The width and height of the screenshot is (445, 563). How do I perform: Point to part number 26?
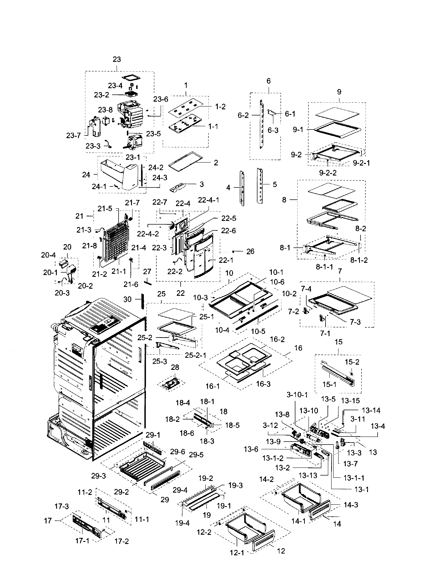pos(250,251)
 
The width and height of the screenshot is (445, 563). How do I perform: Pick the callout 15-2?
pos(352,362)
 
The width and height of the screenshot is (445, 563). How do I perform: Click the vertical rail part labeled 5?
pos(260,185)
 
